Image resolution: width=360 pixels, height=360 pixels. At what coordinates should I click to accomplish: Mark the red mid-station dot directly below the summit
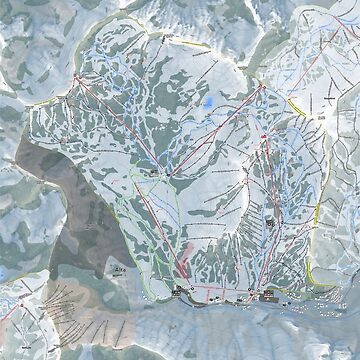point(262,151)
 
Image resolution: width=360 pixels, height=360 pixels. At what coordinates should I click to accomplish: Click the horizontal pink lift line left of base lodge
point(215,296)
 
